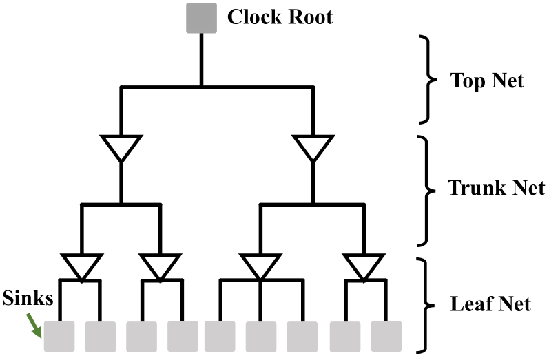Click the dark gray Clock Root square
point(200,18)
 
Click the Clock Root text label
point(280,17)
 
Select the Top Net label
point(487,81)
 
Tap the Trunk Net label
point(496,187)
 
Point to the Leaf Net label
point(490,302)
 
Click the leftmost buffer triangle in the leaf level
point(81,266)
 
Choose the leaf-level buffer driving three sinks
point(260,266)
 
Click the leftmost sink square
point(59,337)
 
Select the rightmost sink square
point(386,337)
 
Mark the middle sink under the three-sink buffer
point(260,337)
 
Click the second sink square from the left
point(101,337)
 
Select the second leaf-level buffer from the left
point(160,266)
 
